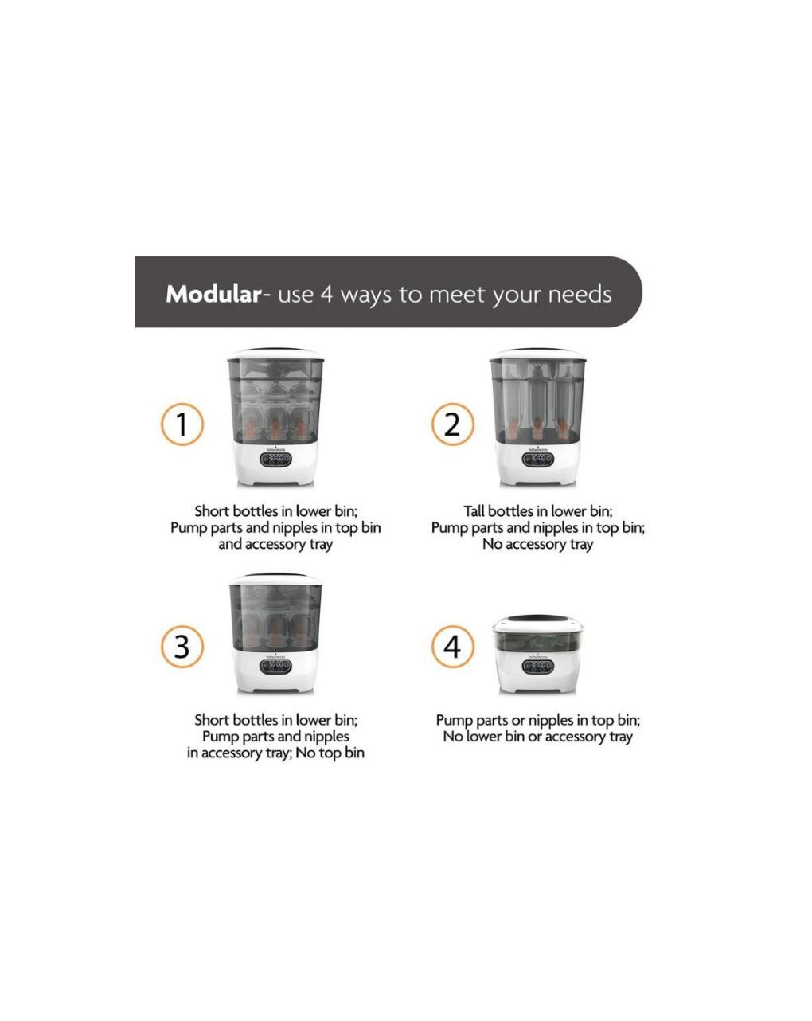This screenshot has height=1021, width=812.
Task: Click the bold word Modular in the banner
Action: (x=213, y=294)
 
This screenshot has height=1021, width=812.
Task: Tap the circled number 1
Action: (x=182, y=424)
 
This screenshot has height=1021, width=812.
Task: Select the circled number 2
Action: (x=452, y=424)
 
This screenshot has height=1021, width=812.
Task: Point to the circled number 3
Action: (x=182, y=647)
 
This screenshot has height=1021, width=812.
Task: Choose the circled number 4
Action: (x=452, y=647)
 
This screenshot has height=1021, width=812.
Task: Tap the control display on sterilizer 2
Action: (x=538, y=460)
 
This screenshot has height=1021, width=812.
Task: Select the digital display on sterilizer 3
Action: (x=275, y=666)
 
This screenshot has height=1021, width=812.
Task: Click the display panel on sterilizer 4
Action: (x=538, y=666)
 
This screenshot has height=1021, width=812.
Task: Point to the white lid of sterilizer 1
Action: (x=275, y=354)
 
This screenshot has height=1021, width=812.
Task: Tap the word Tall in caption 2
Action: (x=474, y=511)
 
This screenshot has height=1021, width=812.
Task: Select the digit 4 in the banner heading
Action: (x=326, y=294)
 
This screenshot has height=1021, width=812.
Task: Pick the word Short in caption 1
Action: (x=212, y=511)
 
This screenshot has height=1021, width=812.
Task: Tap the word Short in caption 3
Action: (x=212, y=720)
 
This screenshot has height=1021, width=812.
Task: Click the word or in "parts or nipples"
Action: (x=518, y=721)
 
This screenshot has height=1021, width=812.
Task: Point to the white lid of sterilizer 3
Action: (x=275, y=579)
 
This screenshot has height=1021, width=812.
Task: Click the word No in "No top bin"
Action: (x=304, y=753)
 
